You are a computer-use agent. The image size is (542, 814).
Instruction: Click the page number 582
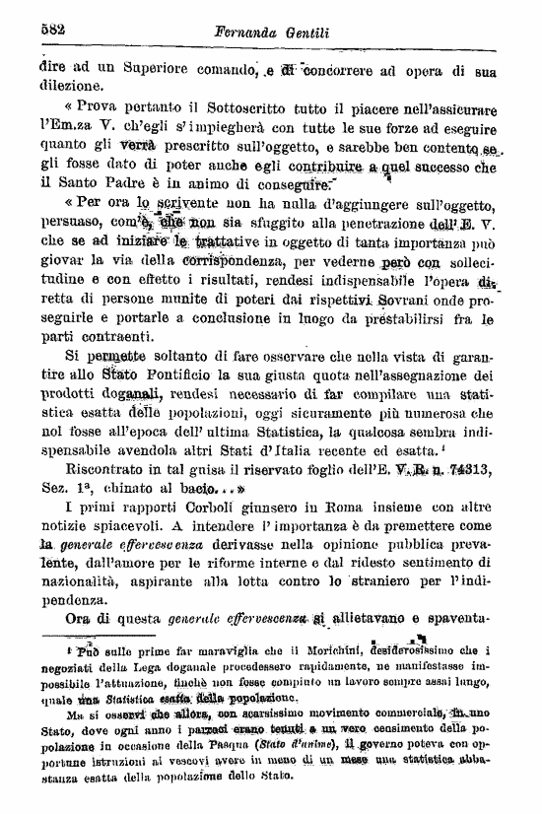click(51, 30)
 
